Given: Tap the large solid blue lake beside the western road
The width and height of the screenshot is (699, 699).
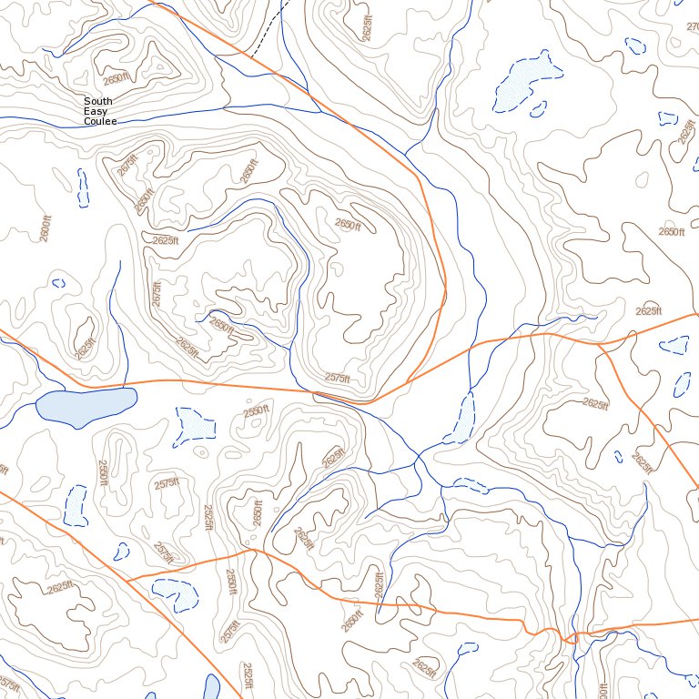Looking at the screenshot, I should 87,406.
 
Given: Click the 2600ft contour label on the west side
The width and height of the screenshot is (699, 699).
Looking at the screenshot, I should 45,228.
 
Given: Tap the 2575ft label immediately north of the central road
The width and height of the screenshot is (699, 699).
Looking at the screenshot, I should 337,378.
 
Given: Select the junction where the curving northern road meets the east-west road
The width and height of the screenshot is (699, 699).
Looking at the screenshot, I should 371,401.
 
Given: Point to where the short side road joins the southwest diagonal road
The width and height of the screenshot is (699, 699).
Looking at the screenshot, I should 127,579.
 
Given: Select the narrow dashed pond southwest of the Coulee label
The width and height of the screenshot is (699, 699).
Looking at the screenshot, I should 83,186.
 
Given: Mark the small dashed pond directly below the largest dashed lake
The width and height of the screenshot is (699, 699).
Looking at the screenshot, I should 538,109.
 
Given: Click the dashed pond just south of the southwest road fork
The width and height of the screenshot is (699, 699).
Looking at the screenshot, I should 175,593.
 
